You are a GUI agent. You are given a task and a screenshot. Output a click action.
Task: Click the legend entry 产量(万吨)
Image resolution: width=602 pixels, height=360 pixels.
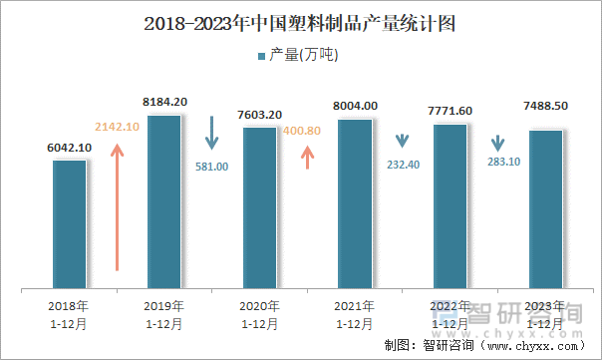[298, 56]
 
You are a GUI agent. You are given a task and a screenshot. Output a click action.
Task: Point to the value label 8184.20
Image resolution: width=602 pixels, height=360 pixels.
[165, 102]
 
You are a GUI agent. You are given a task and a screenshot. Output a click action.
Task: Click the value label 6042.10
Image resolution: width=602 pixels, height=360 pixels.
[70, 148]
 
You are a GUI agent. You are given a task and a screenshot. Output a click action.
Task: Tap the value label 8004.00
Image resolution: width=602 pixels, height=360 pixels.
[356, 106]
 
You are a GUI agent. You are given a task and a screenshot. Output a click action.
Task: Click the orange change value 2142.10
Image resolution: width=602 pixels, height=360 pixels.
[118, 127]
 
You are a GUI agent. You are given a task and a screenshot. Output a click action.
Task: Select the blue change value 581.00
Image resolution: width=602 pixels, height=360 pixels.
[211, 167]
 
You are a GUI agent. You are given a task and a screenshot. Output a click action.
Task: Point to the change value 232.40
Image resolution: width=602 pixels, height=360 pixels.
[403, 165]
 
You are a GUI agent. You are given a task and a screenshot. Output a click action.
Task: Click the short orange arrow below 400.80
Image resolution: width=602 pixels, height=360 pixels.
[307, 155]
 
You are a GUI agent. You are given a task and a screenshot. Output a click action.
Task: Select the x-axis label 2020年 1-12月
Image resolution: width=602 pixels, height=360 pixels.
[259, 314]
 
